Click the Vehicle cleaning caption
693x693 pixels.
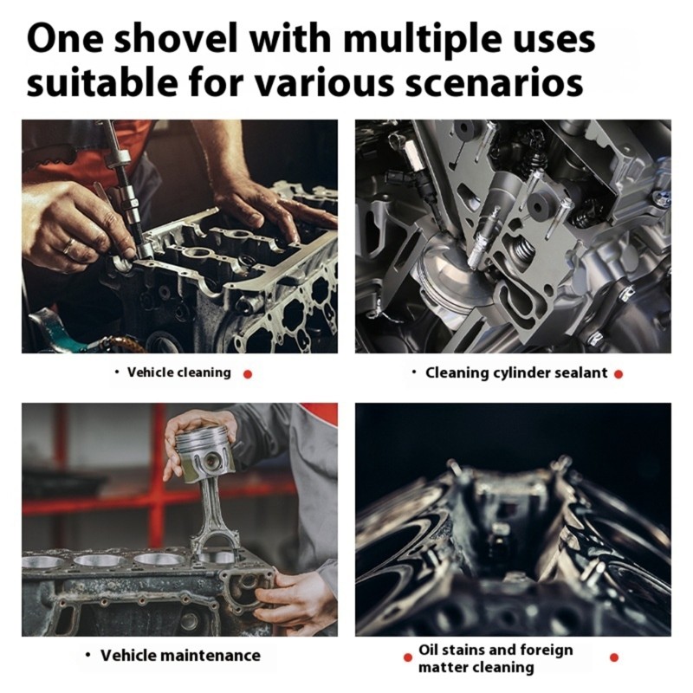click(179, 372)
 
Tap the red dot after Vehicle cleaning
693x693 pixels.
click(248, 374)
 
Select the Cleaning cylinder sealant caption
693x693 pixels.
click(516, 373)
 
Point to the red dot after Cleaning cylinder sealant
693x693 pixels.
click(619, 374)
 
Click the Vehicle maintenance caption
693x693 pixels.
click(180, 655)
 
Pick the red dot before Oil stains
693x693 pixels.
click(408, 657)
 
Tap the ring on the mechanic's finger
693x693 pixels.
click(69, 245)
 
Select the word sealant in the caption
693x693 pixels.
click(580, 373)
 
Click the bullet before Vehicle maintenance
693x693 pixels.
click(88, 655)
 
